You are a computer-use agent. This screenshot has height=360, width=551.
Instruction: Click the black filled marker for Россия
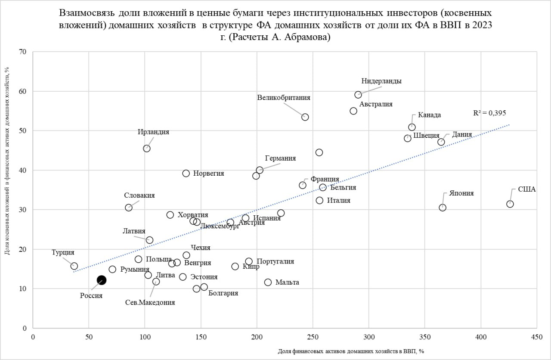point(101,280)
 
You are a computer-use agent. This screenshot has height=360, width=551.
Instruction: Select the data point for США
point(510,204)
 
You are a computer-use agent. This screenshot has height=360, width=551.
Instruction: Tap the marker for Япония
point(443,208)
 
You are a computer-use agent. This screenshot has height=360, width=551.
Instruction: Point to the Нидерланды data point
point(358,95)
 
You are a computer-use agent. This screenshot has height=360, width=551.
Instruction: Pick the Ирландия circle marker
point(147,149)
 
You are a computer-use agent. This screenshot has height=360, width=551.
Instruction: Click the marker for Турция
point(74,266)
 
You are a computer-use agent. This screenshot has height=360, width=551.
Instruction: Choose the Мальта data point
point(268,282)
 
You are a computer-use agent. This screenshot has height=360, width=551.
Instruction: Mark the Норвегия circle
point(186,173)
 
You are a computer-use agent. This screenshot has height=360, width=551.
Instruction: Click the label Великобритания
point(284,98)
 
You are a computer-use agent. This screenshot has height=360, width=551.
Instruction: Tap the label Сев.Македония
point(150,302)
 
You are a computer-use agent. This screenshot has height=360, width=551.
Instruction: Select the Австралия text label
point(376,104)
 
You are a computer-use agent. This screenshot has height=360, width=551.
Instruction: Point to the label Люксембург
point(220,227)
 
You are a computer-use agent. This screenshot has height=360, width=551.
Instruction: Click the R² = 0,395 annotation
point(489,113)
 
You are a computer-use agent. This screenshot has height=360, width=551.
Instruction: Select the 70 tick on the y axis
point(23,52)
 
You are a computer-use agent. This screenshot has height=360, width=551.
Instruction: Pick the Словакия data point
point(128,208)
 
